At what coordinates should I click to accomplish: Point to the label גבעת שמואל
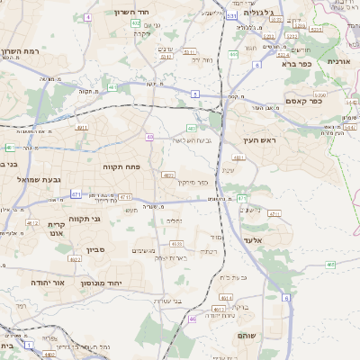click(x=39, y=180)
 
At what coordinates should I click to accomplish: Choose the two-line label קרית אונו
click(x=57, y=229)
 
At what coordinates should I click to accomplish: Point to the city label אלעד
click(x=251, y=240)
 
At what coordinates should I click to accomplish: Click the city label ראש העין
click(x=262, y=140)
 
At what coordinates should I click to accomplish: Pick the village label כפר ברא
click(x=295, y=64)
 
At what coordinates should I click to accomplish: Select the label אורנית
click(x=339, y=61)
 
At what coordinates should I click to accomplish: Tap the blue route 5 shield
click(x=194, y=93)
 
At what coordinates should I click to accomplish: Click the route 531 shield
click(x=232, y=16)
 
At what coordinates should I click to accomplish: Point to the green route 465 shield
click(x=331, y=265)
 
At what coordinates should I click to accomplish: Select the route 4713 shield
click(x=126, y=196)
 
